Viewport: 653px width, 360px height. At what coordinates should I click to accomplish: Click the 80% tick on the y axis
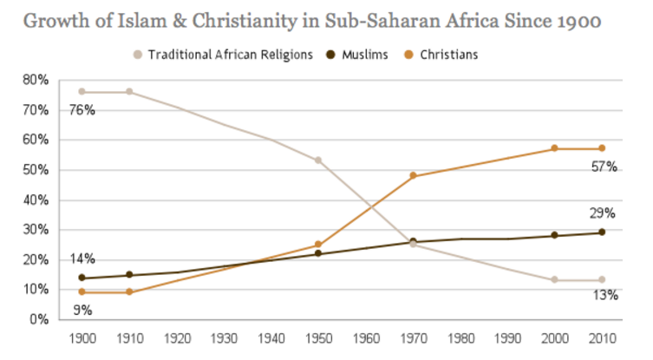36,80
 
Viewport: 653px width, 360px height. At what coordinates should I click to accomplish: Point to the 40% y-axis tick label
36,200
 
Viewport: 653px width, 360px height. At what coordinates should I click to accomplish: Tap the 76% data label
83,110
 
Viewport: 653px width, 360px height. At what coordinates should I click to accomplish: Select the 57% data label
604,167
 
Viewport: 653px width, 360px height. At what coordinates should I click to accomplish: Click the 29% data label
604,213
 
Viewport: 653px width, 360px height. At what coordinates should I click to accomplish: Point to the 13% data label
604,295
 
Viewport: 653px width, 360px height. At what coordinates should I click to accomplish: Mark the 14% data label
83,259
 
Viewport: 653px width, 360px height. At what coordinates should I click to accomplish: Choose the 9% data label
83,309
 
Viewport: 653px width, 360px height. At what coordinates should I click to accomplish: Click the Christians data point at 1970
413,175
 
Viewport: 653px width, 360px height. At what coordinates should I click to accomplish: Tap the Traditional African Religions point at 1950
318,160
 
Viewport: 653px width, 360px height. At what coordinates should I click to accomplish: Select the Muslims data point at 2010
602,232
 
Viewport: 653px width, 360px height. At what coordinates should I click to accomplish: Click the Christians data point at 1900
82,292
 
